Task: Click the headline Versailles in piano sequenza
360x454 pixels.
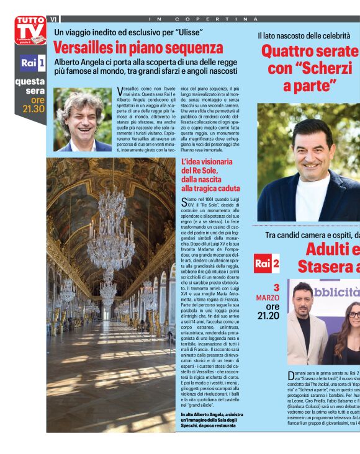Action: (137, 48)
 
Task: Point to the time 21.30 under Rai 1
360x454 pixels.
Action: (34, 109)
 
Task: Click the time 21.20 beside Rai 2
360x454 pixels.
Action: (268, 315)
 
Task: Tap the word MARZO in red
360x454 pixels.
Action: (268, 298)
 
